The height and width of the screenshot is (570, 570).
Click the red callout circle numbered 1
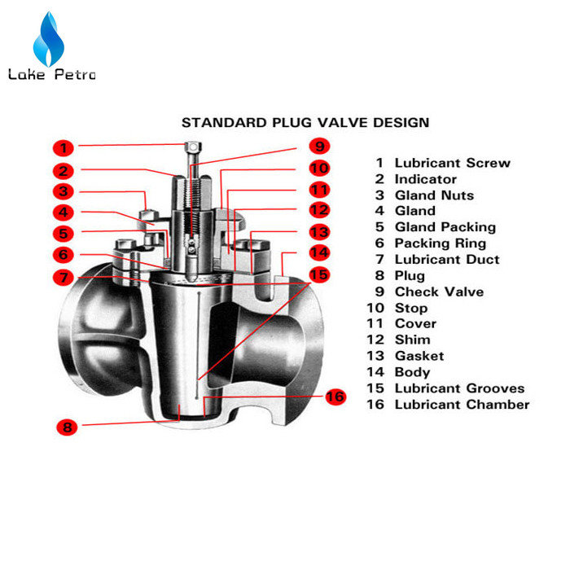64,148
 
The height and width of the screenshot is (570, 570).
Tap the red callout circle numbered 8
67,427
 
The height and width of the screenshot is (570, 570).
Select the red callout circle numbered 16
335,397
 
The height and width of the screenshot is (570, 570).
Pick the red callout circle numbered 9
319,146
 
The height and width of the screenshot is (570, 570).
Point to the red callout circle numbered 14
319,252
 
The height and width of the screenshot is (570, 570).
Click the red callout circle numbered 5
64,234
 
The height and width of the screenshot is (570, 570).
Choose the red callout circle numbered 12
319,210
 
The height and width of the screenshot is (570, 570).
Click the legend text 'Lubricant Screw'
453,163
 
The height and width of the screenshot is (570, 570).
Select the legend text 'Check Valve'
439,292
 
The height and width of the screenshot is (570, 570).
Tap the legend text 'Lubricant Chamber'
462,405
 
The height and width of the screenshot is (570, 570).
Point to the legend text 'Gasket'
419,356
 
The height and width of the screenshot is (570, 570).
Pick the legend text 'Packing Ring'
441,243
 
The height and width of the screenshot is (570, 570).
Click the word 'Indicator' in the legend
426,179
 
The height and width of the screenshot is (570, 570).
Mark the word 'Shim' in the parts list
413,340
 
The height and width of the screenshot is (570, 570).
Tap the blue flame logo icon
49,39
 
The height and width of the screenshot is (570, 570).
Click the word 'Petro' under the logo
75,74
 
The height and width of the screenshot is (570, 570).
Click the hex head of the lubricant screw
193,147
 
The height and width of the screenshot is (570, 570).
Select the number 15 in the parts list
375,388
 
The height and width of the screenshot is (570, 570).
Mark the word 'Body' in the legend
413,373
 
